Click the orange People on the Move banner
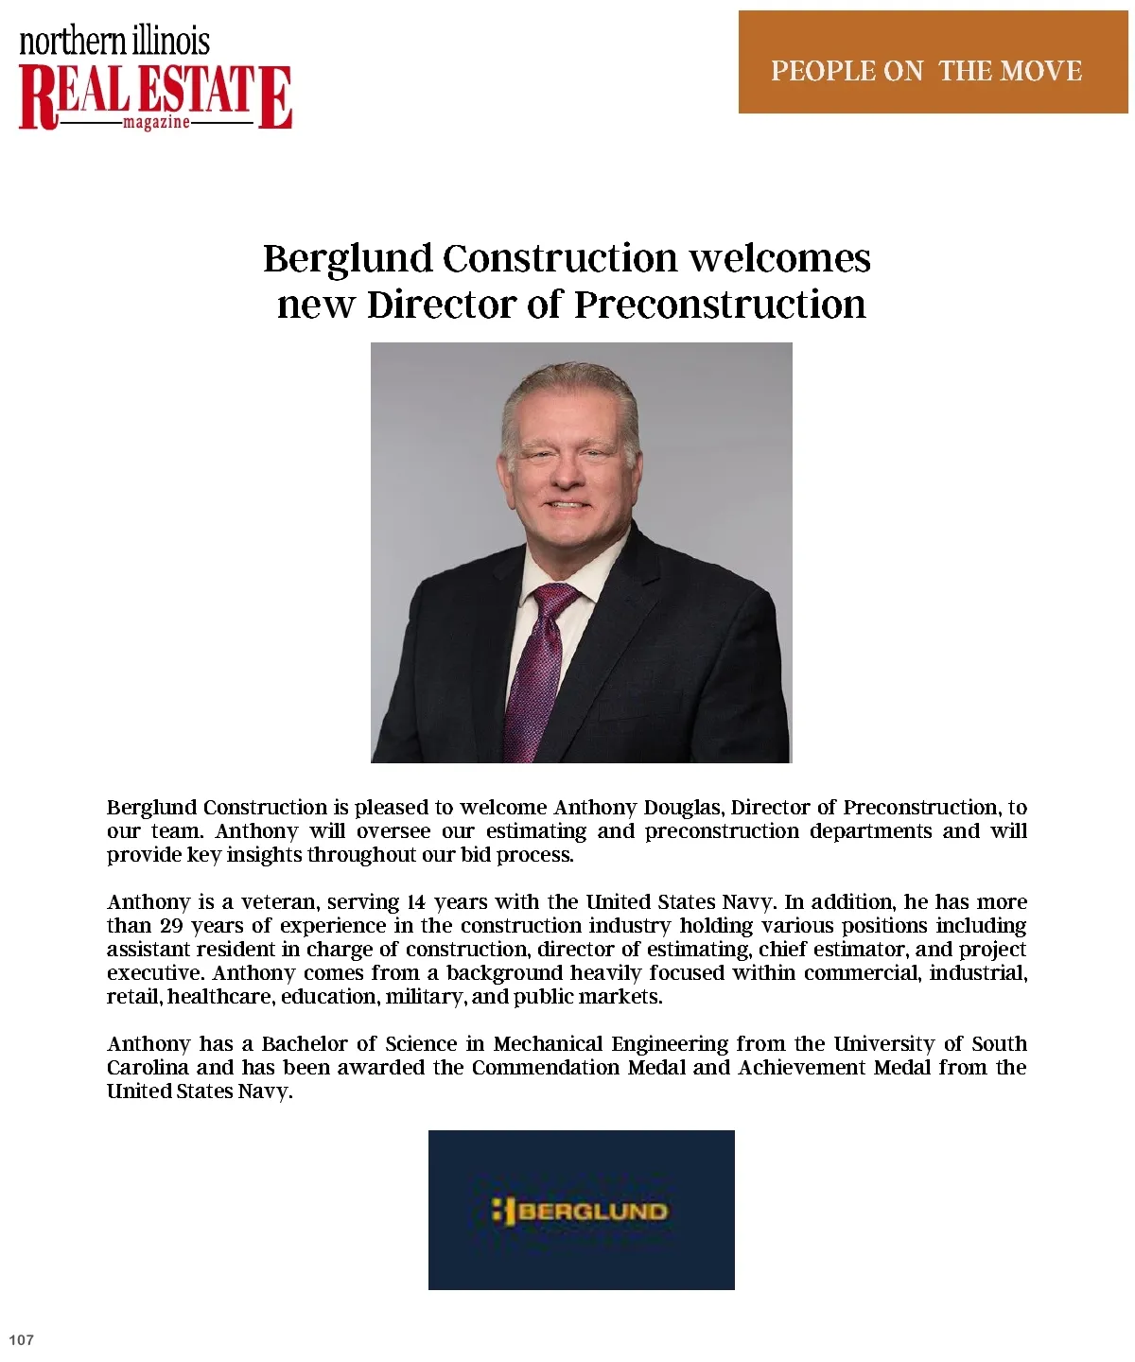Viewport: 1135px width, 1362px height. [x=932, y=62]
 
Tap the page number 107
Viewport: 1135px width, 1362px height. [x=21, y=1339]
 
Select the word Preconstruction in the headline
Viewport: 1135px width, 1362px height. [x=720, y=306]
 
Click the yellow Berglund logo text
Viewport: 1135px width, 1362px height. [x=593, y=1211]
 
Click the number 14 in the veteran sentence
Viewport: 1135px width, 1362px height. [x=416, y=902]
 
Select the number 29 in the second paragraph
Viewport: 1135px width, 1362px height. [x=171, y=926]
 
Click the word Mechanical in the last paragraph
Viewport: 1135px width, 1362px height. [x=548, y=1044]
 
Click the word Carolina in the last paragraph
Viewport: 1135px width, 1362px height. [x=147, y=1068]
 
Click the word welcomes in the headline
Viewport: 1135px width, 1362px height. [x=779, y=258]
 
